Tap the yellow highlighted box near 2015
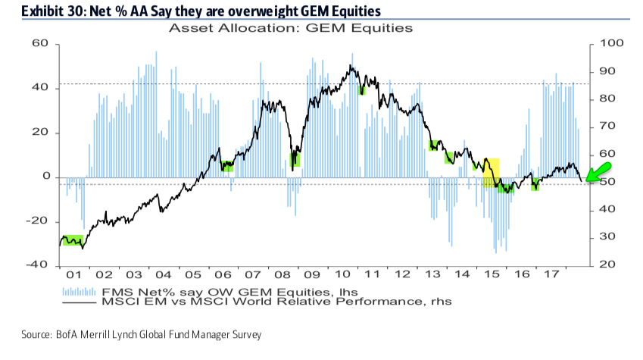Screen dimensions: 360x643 click(x=491, y=172)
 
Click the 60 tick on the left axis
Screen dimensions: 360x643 click(x=39, y=45)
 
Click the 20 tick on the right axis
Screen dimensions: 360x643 click(x=606, y=265)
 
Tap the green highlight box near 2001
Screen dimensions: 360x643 click(x=73, y=240)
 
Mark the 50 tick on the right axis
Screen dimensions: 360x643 click(x=606, y=183)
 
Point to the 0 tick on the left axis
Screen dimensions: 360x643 click(x=46, y=177)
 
